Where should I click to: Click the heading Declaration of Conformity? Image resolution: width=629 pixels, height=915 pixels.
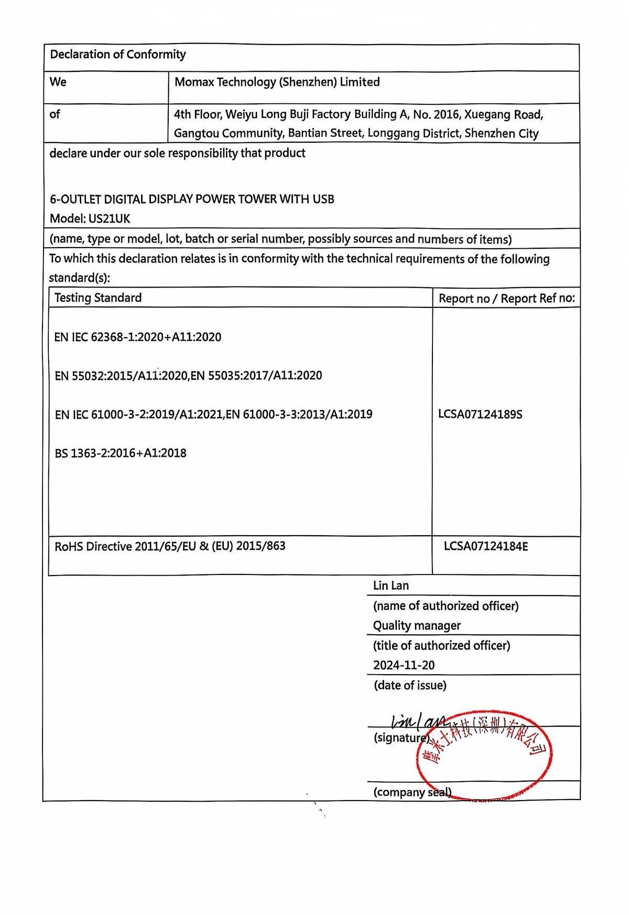(118, 55)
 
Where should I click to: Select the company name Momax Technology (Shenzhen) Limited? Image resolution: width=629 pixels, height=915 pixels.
(277, 82)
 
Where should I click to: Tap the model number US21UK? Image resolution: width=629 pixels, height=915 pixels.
(107, 219)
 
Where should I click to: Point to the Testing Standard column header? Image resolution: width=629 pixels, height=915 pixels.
(98, 298)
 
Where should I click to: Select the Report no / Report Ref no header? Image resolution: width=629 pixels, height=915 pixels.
(506, 299)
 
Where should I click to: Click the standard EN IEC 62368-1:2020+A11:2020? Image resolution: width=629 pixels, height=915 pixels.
(138, 337)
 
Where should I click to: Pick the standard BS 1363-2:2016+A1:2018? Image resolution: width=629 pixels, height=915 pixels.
(121, 453)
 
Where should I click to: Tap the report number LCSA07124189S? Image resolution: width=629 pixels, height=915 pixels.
(480, 414)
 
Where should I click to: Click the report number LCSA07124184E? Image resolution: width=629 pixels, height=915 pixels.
(486, 547)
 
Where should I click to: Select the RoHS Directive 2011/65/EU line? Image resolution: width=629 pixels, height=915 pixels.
(170, 546)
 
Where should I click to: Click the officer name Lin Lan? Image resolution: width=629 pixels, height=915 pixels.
(391, 586)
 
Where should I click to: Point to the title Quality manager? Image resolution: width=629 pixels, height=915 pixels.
(417, 625)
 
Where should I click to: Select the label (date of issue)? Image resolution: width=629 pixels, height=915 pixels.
(410, 685)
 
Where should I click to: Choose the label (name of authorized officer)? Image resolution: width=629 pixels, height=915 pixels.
(446, 606)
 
